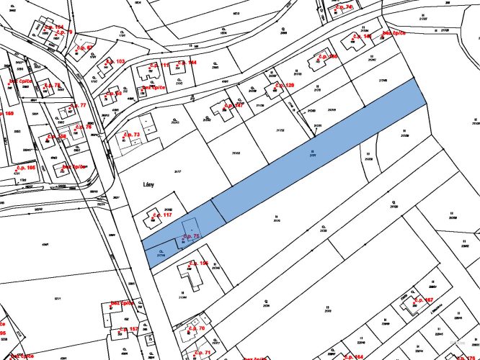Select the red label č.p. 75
190,236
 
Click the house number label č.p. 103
115,62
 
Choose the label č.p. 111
159,66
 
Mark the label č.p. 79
84,127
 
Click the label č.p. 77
76,106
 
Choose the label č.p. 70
196,328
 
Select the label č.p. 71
202,353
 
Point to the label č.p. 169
6,114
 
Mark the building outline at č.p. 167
413,306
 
